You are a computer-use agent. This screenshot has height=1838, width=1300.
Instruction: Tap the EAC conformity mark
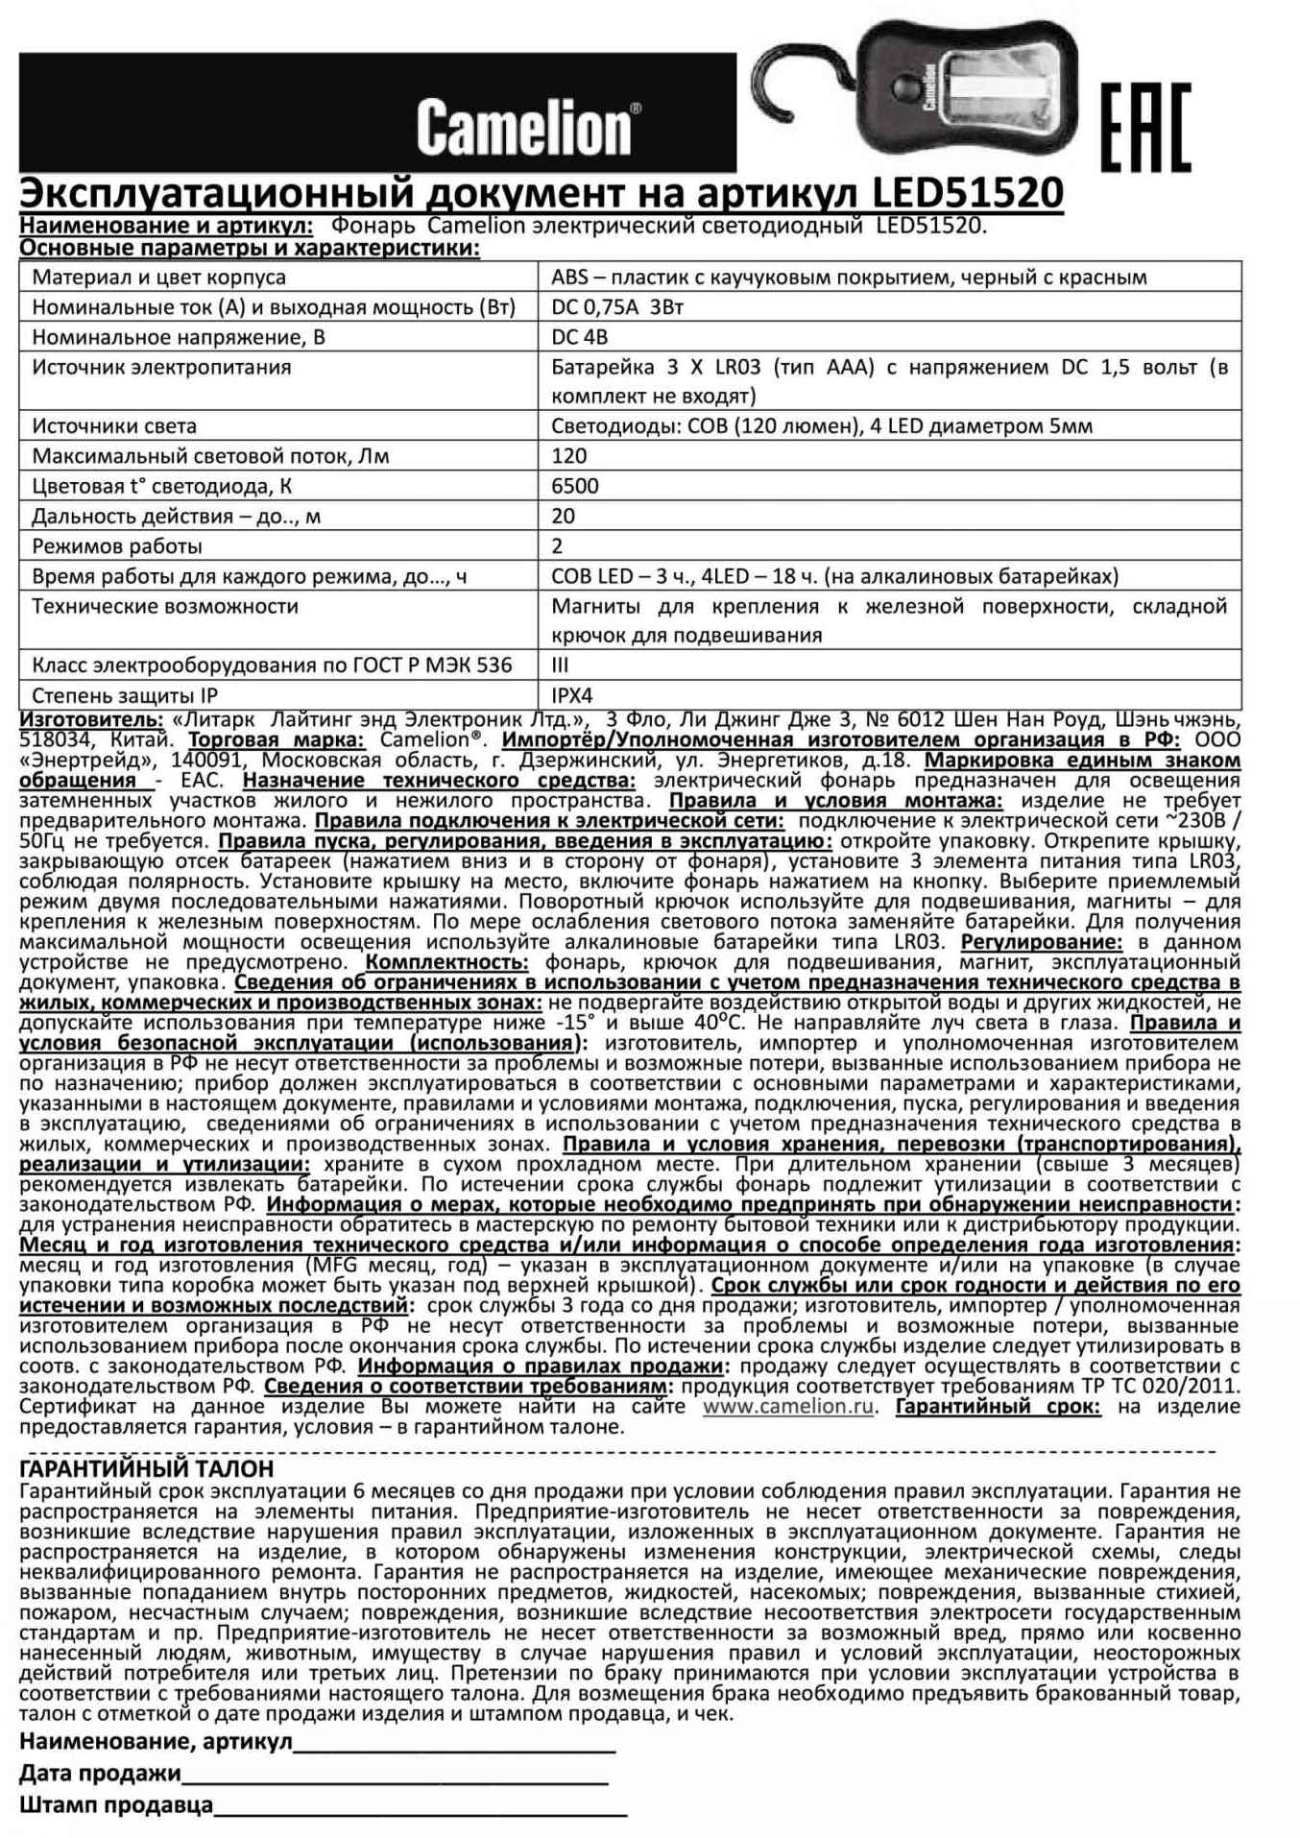coord(1145,127)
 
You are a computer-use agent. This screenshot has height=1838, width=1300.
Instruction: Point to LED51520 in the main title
coord(967,193)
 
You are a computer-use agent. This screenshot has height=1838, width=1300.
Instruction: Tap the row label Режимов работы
coord(117,546)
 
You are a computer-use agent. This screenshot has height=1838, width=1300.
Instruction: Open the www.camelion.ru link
coord(788,1407)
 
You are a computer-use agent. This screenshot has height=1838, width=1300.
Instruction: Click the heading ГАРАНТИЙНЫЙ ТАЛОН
coord(147,1469)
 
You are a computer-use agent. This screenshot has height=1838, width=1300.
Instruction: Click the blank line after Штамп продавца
coord(420,1805)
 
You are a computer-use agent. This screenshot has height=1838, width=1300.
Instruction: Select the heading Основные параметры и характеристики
coord(250,249)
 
